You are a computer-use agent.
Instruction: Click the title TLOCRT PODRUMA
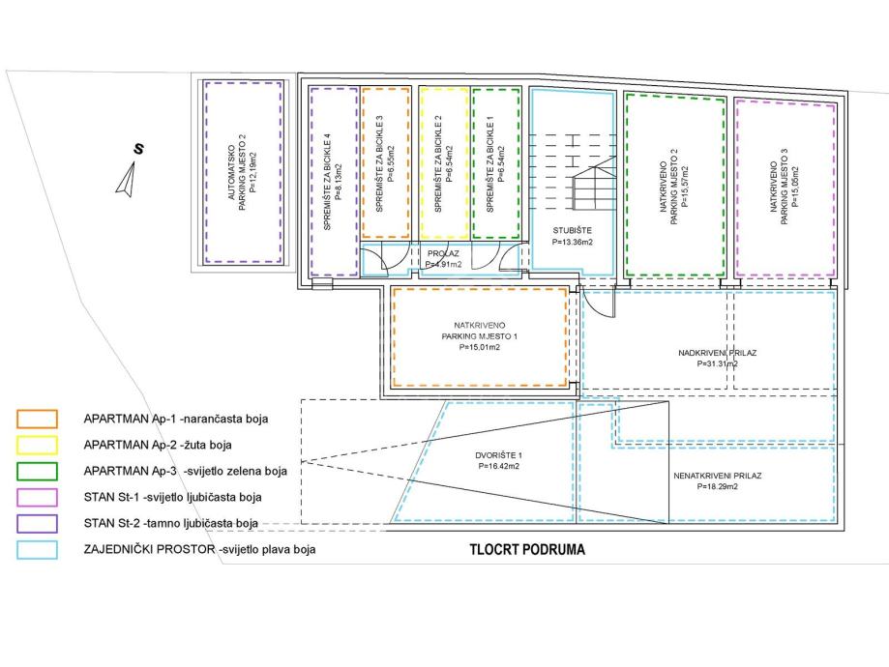point(522,549)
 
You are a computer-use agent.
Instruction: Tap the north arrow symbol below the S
point(127,179)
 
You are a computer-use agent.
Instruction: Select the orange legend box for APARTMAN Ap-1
point(37,419)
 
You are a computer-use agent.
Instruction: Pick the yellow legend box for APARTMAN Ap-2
point(37,445)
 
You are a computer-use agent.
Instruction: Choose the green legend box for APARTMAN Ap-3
point(37,471)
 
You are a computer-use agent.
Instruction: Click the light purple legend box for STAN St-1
point(37,497)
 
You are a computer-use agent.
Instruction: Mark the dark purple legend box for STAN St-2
point(37,523)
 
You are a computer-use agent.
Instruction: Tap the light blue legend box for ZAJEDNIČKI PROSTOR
point(37,549)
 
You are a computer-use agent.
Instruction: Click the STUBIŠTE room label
point(572,230)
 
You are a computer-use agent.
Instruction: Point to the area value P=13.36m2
point(572,242)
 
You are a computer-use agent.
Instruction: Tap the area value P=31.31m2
point(716,364)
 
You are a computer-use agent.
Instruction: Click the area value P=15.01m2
point(479,348)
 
